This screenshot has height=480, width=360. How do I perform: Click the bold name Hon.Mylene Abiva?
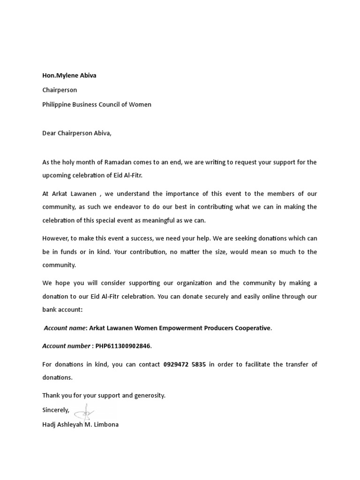tap(69, 75)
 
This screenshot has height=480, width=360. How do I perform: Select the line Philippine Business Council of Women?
tap(97, 105)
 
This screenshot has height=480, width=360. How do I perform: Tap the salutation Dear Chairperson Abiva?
tap(77, 133)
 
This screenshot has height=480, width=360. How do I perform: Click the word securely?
tap(226, 296)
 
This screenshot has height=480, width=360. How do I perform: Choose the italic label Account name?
tap(65, 328)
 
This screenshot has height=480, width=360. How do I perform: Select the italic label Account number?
tap(66, 346)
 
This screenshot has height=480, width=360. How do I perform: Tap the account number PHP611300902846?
tap(123, 346)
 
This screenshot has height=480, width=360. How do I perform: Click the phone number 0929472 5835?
tap(184, 364)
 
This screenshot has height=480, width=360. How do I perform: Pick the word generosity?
tap(149, 395)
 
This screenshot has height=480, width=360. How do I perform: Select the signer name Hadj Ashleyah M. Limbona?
tap(80, 425)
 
